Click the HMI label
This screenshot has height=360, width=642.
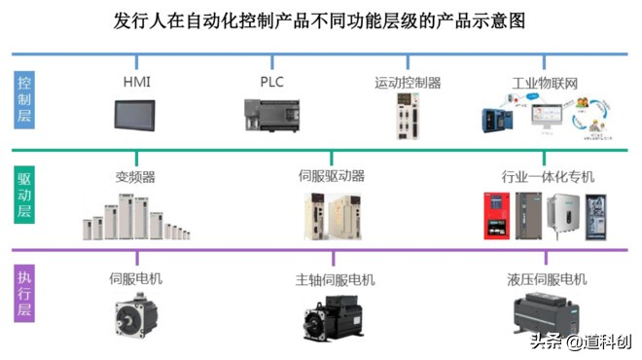click(136, 82)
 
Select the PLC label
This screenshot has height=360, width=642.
click(271, 82)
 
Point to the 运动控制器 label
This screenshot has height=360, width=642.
click(408, 83)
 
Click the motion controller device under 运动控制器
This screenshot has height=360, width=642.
click(407, 120)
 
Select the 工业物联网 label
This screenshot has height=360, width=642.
click(545, 83)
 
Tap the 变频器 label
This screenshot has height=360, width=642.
click(135, 177)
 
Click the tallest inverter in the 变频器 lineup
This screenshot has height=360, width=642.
click(125, 216)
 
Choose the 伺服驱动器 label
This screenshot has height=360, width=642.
click(332, 176)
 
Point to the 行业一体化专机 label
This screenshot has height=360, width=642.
click(548, 176)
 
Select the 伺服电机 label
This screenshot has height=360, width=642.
click(135, 278)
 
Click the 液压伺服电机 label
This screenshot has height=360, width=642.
click(548, 279)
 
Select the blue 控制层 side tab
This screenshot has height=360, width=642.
click(25, 99)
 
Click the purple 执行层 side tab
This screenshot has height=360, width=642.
click(25, 296)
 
